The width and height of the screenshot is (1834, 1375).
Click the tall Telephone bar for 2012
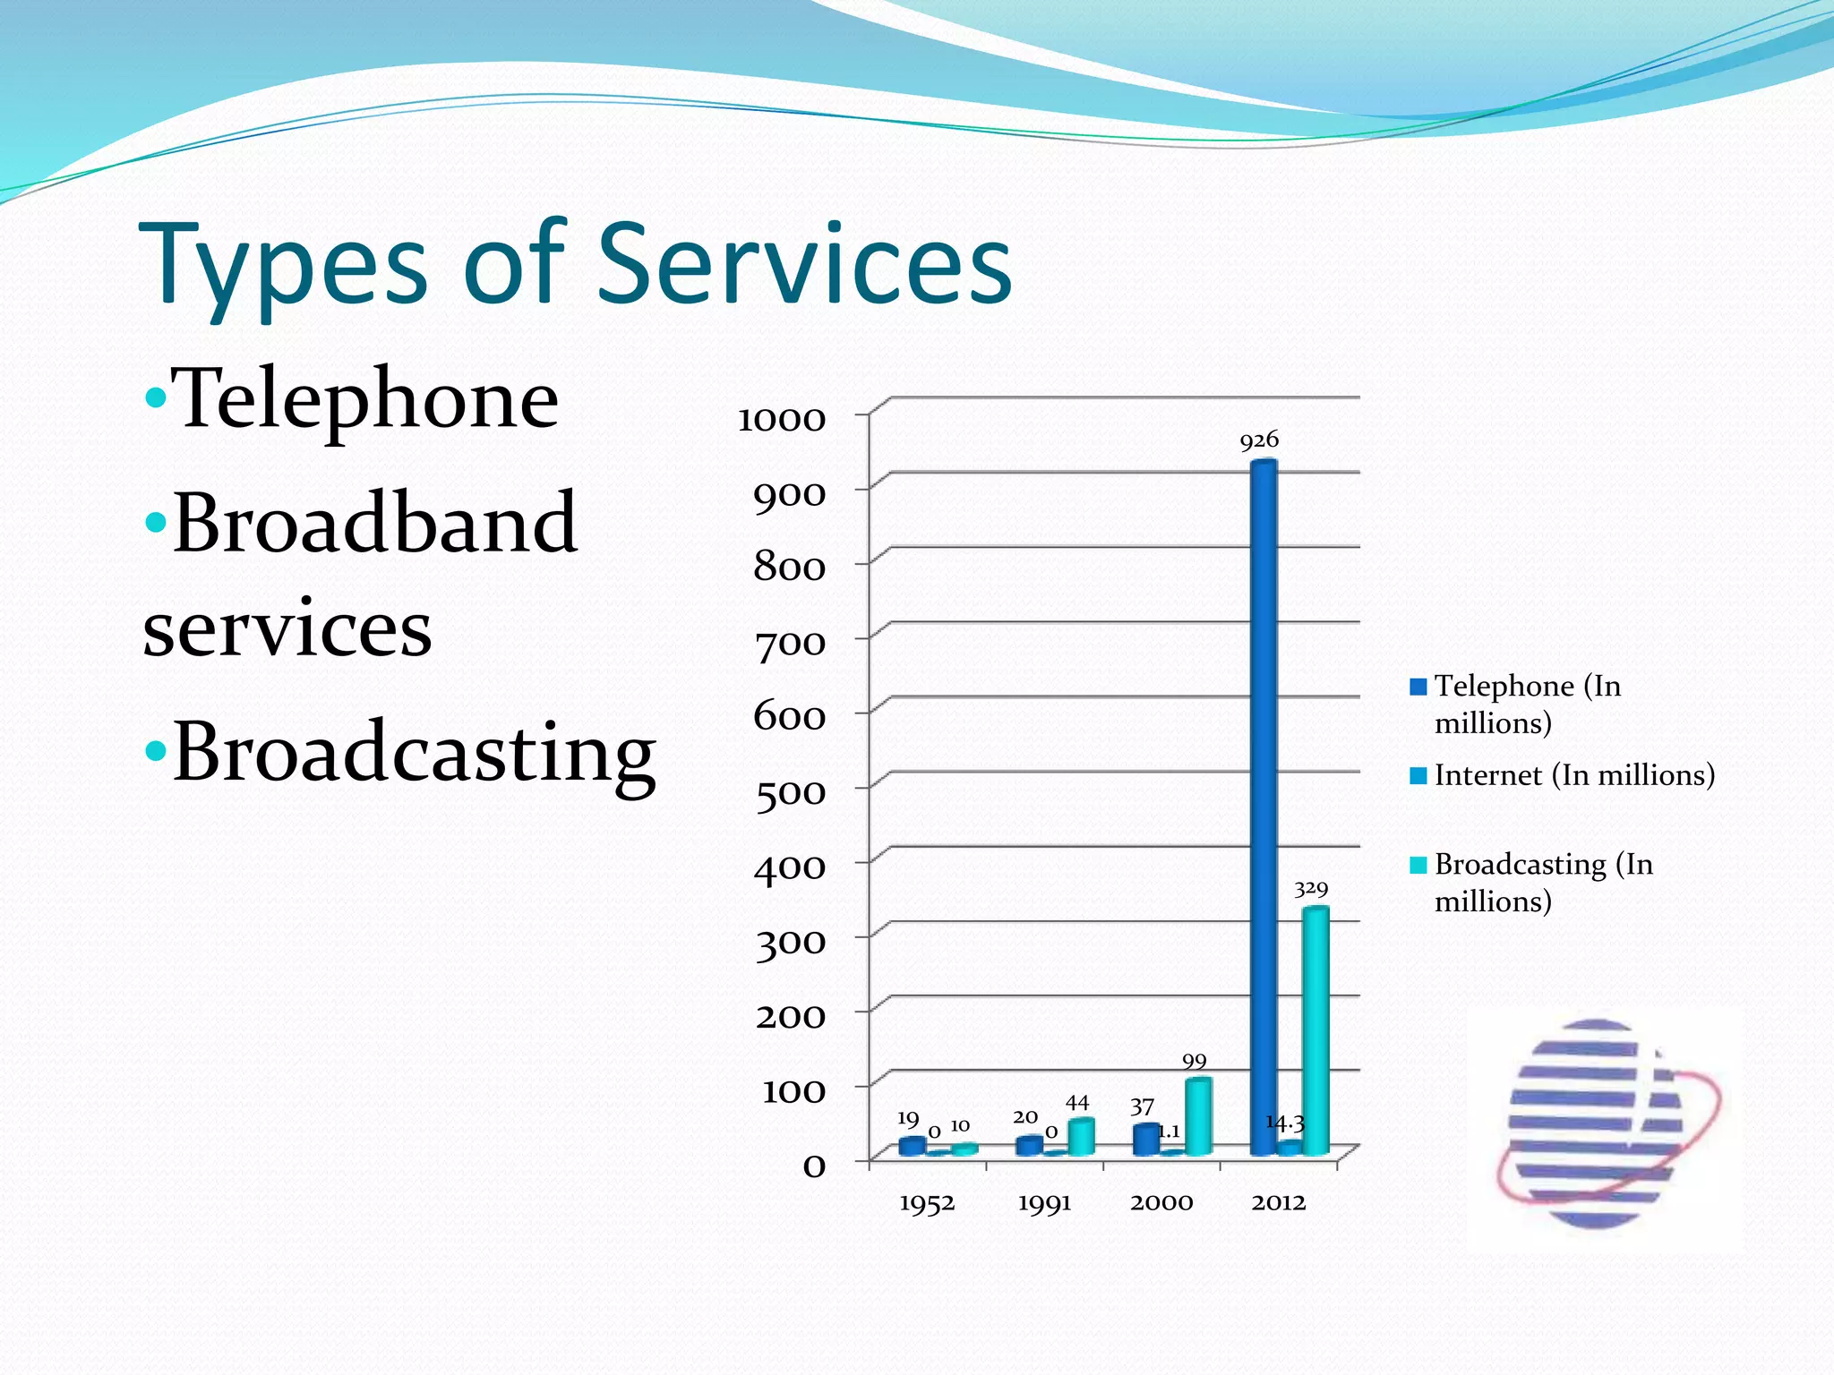pos(1263,806)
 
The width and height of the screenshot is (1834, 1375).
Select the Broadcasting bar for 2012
pos(1316,1029)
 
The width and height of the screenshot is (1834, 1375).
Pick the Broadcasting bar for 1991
pos(1081,1136)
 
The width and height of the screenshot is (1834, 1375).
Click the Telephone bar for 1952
pos(912,1146)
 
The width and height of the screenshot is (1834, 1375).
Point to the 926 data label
pos(1259,440)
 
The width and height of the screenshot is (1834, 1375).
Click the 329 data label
pos(1311,889)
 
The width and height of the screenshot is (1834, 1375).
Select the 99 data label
pos(1195,1062)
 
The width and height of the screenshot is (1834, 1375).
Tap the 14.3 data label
pos(1285,1123)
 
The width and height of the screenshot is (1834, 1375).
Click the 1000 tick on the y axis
pos(781,420)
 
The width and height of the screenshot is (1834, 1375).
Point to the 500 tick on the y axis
pos(790,793)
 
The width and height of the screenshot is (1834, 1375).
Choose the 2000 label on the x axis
pos(1161,1202)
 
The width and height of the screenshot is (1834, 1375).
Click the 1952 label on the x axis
pos(927,1203)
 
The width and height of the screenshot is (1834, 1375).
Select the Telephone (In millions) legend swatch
pos(1418,687)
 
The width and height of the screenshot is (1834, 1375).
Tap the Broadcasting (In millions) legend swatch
pos(1418,865)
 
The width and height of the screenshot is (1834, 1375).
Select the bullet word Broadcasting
pos(414,752)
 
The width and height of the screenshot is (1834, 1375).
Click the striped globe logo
pos(1603,1123)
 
